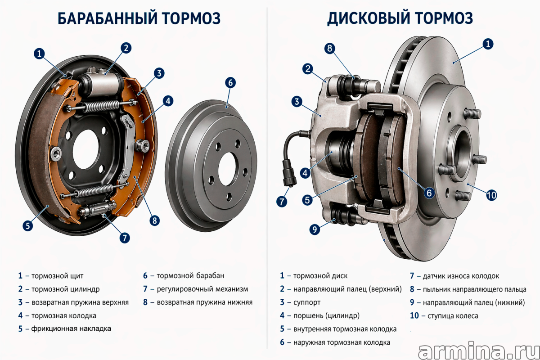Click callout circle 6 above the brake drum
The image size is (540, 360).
coord(230,83)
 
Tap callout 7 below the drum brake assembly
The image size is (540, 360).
coord(125,238)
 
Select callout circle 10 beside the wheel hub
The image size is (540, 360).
coord(491,195)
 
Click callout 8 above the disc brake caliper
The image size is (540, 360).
coord(330,48)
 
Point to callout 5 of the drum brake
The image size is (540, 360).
coord(28,226)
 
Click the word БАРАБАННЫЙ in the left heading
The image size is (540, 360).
coord(107,18)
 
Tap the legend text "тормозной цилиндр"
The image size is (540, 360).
coord(65,289)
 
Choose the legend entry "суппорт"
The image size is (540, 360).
coord(307,302)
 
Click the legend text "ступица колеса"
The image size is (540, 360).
coord(453,315)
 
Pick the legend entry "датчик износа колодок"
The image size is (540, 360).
coord(461,276)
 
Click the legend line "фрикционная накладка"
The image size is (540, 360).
coord(71,328)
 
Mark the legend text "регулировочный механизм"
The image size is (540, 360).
coord(202,289)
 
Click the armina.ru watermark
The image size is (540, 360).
coord(478,352)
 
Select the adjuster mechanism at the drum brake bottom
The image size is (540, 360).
coord(97,209)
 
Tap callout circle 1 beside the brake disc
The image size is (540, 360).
coord(488,44)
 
